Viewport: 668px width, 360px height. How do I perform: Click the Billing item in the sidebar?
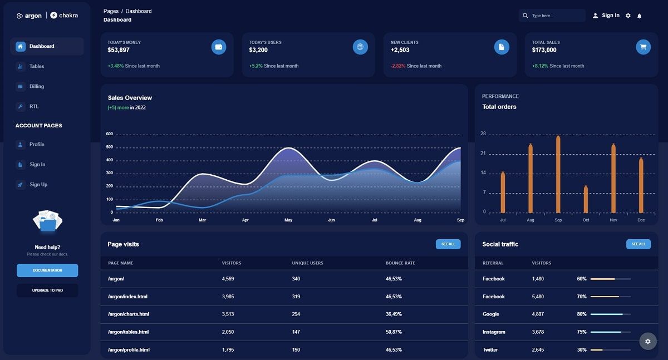click(x=36, y=86)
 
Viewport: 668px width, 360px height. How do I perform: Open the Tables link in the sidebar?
click(x=36, y=66)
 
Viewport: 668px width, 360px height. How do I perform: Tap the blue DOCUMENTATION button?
click(x=47, y=270)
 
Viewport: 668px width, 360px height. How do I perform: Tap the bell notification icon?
click(x=639, y=16)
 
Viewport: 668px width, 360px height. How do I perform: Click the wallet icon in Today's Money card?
click(x=219, y=47)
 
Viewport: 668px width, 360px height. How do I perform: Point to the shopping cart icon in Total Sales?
click(x=643, y=47)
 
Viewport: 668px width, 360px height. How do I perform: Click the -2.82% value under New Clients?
click(x=398, y=66)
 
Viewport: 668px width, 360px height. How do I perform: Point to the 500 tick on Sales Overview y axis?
click(x=109, y=147)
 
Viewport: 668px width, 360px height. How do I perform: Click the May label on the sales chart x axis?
click(x=288, y=220)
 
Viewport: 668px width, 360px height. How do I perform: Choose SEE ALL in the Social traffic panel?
click(x=638, y=244)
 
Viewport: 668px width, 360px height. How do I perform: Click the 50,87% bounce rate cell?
click(x=394, y=332)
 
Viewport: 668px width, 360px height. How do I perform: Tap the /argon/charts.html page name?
click(x=129, y=314)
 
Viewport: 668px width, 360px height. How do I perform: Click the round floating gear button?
click(x=647, y=341)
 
